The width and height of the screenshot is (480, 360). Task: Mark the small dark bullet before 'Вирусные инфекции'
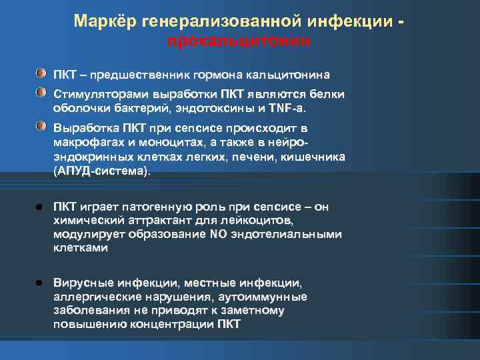click(41, 283)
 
